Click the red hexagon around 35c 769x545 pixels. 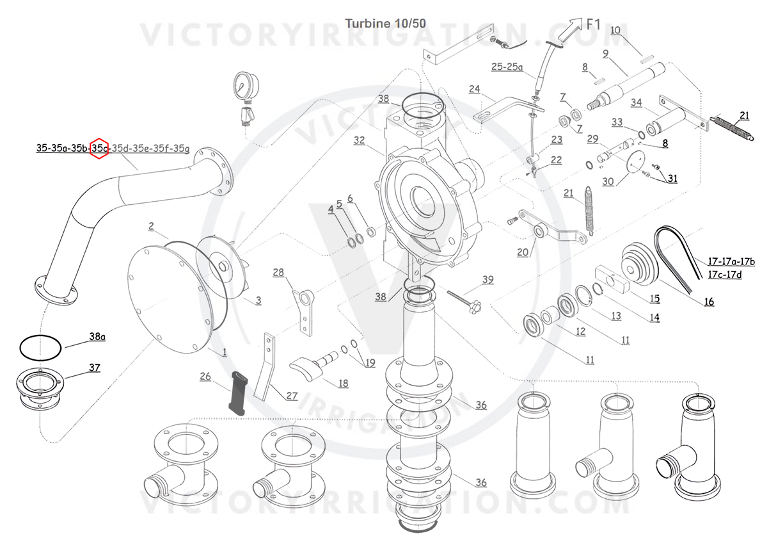click(x=99, y=149)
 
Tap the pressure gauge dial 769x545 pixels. click(x=245, y=86)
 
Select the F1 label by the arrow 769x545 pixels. click(x=593, y=25)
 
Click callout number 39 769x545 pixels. click(x=488, y=279)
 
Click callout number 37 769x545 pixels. click(x=94, y=368)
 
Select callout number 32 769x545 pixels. click(x=359, y=140)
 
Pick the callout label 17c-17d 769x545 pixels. click(x=724, y=275)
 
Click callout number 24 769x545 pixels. click(x=473, y=88)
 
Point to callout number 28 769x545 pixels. click(x=278, y=273)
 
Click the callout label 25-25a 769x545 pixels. click(x=507, y=67)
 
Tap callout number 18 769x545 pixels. click(x=344, y=383)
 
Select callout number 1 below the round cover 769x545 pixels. click(x=225, y=352)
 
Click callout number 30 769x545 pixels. click(x=608, y=181)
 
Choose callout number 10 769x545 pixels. click(x=615, y=30)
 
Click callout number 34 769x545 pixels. click(x=636, y=102)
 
